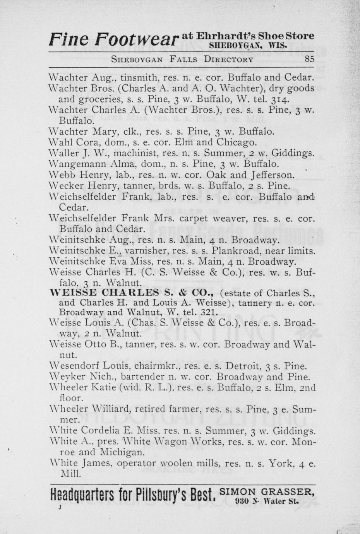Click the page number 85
tap(309, 60)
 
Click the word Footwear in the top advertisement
tap(137, 39)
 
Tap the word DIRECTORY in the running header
tap(229, 60)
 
